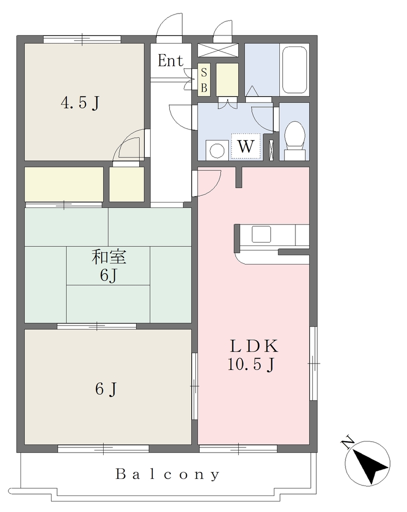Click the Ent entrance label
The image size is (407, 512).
click(x=170, y=60)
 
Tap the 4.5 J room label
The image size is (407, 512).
click(x=80, y=103)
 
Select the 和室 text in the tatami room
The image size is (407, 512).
click(x=109, y=256)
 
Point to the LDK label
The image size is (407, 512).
click(x=254, y=346)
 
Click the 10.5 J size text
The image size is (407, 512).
click(x=251, y=364)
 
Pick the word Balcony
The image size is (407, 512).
click(x=167, y=474)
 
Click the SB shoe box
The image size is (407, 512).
click(x=204, y=79)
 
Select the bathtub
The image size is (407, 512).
click(x=294, y=69)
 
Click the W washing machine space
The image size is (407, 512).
click(x=246, y=146)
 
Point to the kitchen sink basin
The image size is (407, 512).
click(x=261, y=234)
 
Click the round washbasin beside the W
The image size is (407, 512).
click(x=217, y=150)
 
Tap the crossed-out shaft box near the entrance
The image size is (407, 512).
click(x=218, y=50)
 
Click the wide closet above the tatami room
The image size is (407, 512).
click(x=64, y=184)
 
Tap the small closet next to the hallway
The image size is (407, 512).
click(x=127, y=184)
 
